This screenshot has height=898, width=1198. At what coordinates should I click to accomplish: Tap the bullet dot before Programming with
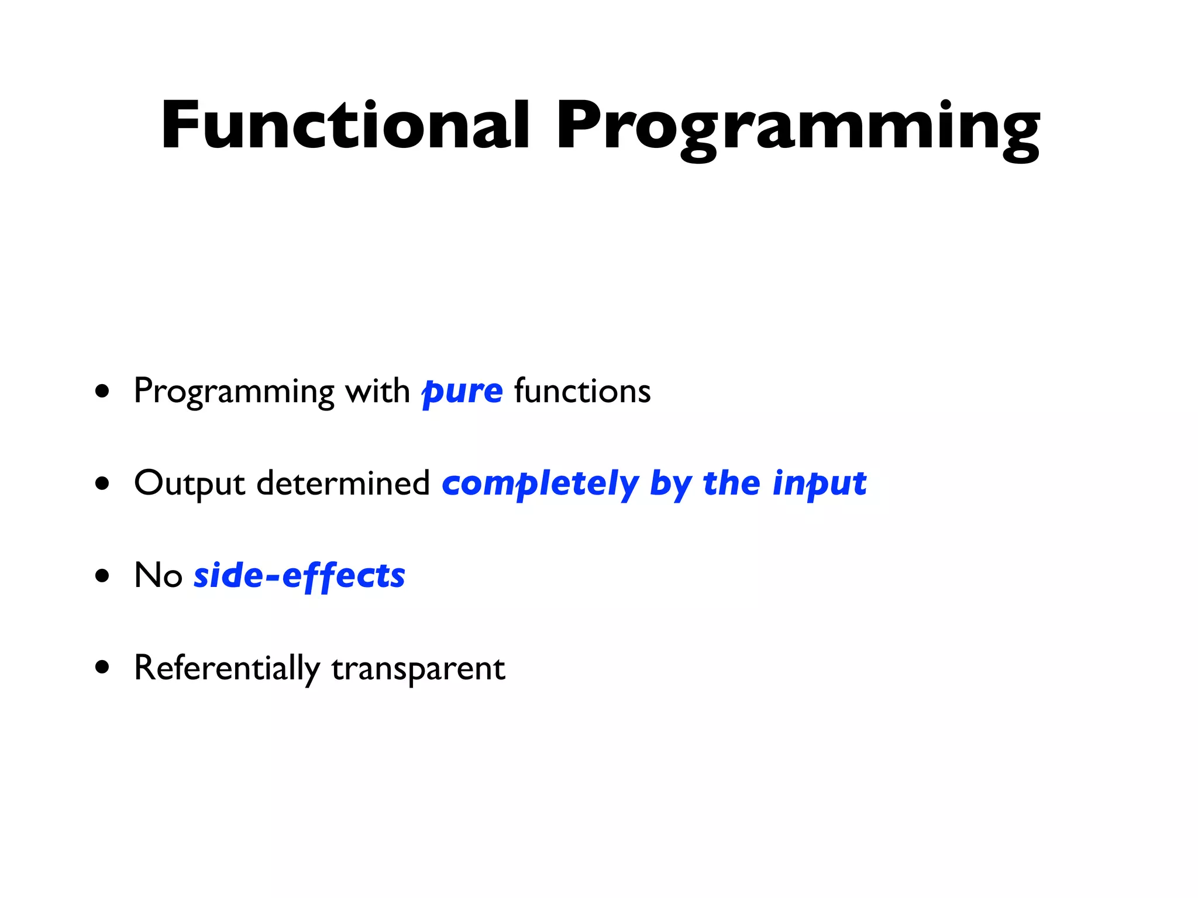coord(102,391)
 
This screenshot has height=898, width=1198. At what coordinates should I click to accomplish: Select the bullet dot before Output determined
coord(102,483)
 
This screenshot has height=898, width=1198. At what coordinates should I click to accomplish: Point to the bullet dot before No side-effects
coord(102,575)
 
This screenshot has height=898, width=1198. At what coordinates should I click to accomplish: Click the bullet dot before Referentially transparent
coord(102,667)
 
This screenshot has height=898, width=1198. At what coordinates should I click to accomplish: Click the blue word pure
coord(462,392)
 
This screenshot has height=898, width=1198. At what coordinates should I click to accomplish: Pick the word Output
coord(189,484)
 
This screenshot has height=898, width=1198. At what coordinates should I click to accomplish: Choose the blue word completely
coord(540,484)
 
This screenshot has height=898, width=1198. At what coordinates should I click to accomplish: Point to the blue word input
coord(819,484)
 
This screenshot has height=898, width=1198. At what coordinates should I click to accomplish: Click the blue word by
coord(671,484)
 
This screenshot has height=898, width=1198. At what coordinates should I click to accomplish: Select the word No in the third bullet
coord(158,575)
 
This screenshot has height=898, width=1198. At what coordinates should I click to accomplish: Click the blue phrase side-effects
coord(299,576)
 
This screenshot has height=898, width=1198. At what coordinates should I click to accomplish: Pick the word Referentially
coord(227,668)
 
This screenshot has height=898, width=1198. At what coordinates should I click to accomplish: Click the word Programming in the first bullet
coord(234,392)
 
